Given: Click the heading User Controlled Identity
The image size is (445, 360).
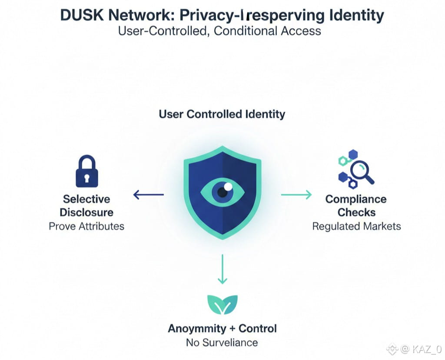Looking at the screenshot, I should [x=222, y=114].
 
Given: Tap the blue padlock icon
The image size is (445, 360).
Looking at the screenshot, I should [x=87, y=172].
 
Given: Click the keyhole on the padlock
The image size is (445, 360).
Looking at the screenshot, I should [x=87, y=178].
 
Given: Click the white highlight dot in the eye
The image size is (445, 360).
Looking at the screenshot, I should [x=228, y=187].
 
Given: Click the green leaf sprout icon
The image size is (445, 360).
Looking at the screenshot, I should [x=222, y=304].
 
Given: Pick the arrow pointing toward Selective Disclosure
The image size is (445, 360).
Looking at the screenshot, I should [x=148, y=194].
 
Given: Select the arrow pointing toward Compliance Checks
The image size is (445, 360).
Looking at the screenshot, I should [x=296, y=194].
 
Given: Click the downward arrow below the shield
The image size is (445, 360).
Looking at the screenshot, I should [x=222, y=270].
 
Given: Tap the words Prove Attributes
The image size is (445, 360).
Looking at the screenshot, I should [x=86, y=226].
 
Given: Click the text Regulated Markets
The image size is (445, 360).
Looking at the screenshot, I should [x=356, y=226].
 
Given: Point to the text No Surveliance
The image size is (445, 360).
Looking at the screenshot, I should [x=222, y=342].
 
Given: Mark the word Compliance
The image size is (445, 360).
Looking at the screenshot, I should [x=356, y=199].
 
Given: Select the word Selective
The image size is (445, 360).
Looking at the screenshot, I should [x=86, y=199].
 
